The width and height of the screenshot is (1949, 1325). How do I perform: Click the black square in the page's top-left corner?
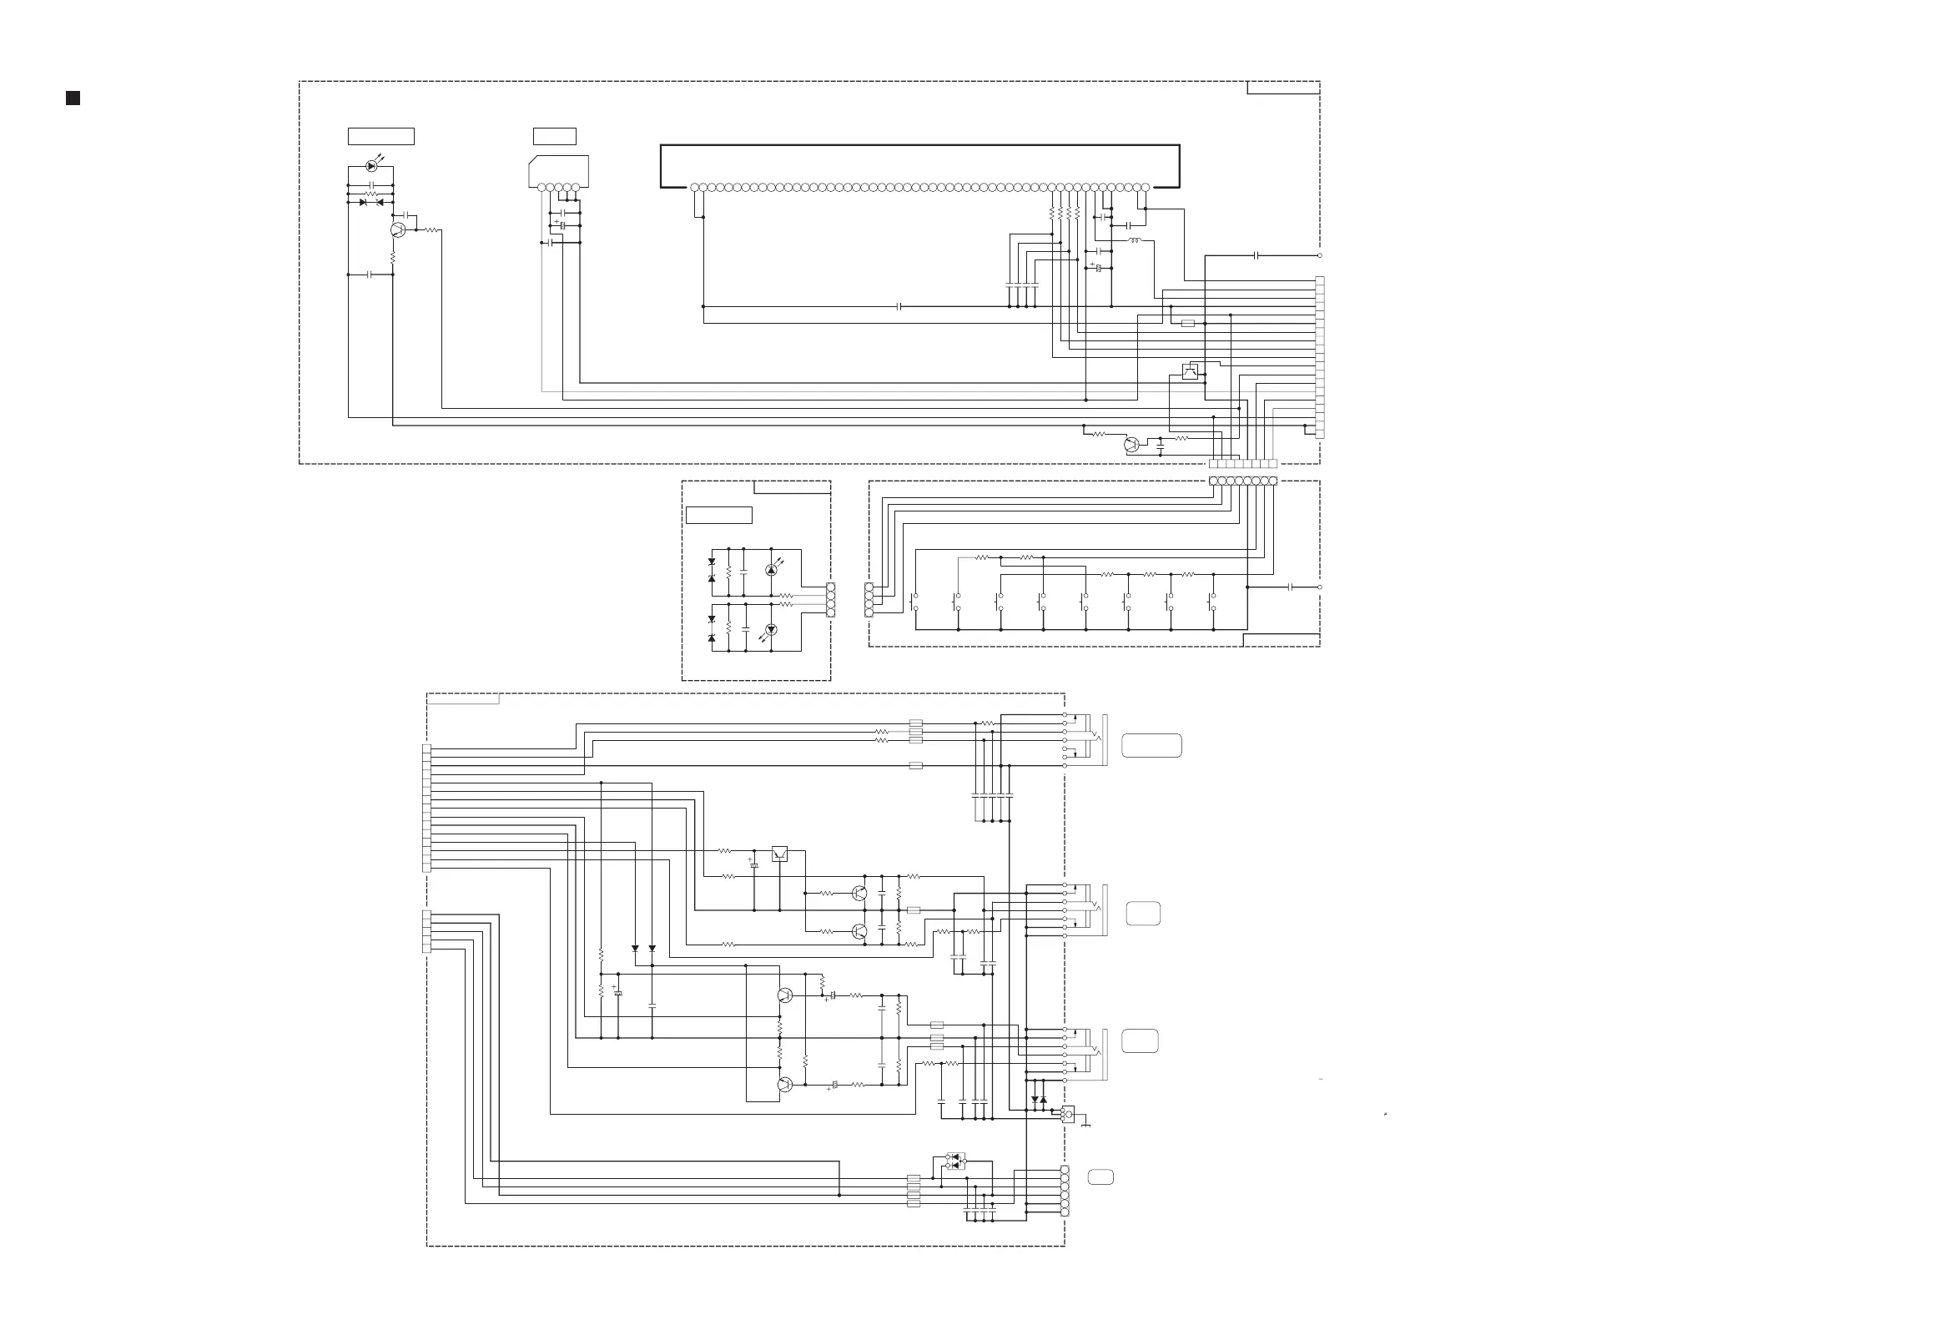coord(73,98)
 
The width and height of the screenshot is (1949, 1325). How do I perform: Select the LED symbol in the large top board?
coord(371,166)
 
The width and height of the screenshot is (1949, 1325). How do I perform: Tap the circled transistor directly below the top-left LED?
coord(398,229)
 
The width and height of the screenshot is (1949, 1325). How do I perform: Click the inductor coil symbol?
coord(1136,240)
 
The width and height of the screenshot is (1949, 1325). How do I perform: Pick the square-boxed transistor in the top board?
coord(1189,371)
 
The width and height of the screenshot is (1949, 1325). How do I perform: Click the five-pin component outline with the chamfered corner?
coord(558,172)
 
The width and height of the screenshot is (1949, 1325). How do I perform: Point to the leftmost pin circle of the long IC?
coord(695,188)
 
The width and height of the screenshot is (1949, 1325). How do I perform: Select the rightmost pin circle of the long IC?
coord(1145,188)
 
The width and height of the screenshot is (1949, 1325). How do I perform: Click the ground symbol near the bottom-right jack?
coord(1086,1125)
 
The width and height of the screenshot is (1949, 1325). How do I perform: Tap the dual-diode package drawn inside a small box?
coord(955,1161)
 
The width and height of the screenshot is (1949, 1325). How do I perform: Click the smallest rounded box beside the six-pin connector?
coord(1100,1177)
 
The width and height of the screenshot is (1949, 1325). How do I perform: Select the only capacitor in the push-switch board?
coord(1291,587)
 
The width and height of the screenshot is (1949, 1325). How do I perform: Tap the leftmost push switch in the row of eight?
coord(914,602)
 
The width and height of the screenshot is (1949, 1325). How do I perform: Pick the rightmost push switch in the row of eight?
coord(1211,602)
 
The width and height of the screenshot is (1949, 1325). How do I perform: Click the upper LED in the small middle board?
coord(772,570)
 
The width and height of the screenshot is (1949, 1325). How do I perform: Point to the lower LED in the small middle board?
coord(772,630)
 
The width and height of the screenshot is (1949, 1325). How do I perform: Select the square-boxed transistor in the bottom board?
coord(779,854)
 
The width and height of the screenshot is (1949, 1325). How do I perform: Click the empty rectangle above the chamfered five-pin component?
coord(554,136)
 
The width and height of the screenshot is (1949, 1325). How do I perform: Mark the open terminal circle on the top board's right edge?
coord(1320,256)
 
